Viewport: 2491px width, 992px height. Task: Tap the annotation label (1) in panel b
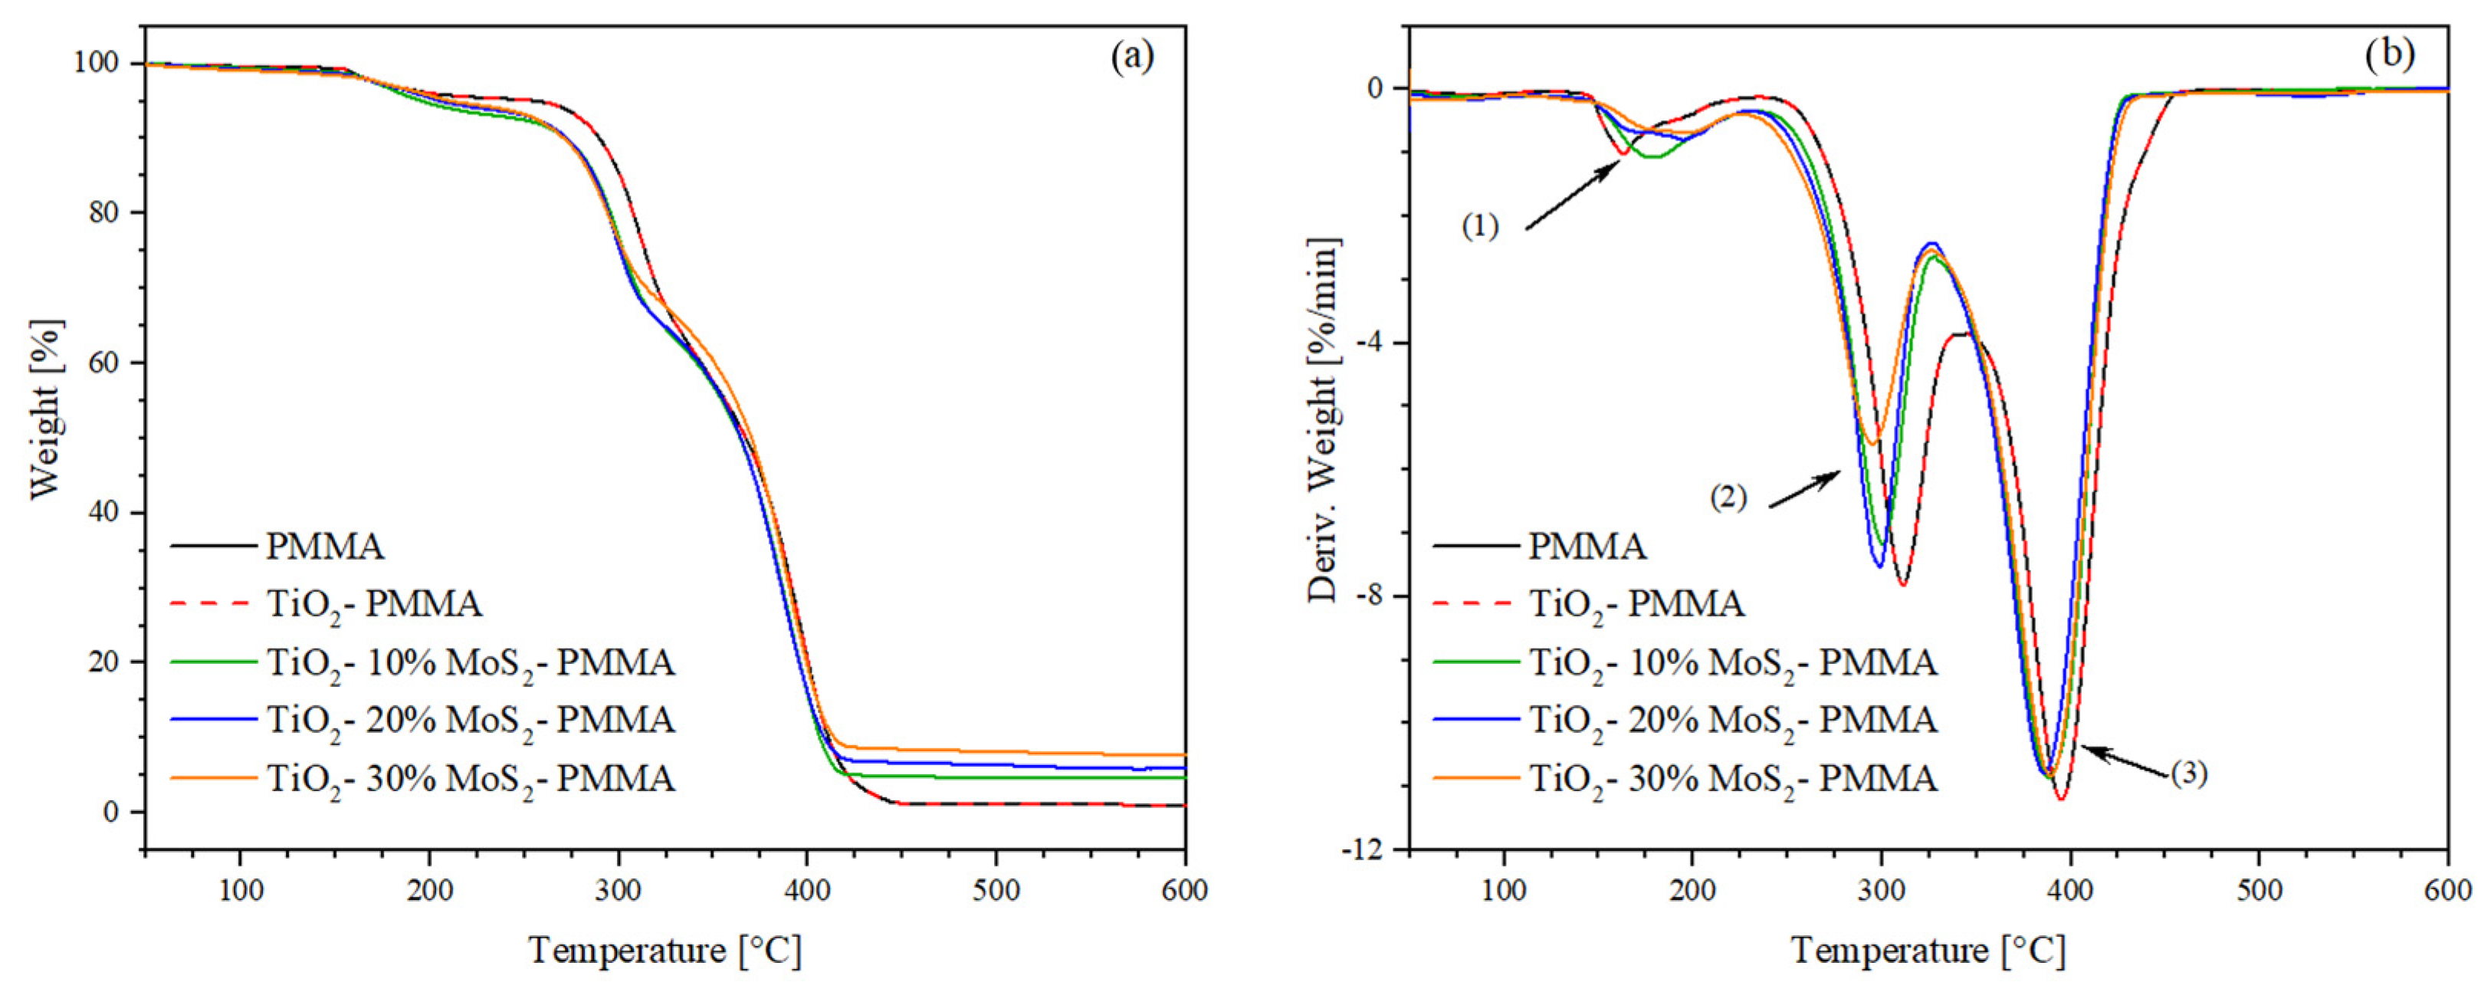(x=1479, y=227)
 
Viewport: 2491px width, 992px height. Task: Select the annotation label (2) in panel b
(x=1728, y=498)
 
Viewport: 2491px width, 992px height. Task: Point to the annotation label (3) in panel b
(x=2189, y=774)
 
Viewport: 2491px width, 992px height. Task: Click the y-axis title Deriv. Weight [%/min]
(x=1323, y=421)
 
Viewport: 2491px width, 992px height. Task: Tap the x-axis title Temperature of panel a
(x=665, y=951)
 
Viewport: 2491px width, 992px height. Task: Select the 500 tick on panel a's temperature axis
(x=996, y=889)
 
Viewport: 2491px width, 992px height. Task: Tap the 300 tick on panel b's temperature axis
(x=1881, y=889)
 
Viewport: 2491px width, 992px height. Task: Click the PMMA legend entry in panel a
(x=325, y=547)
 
